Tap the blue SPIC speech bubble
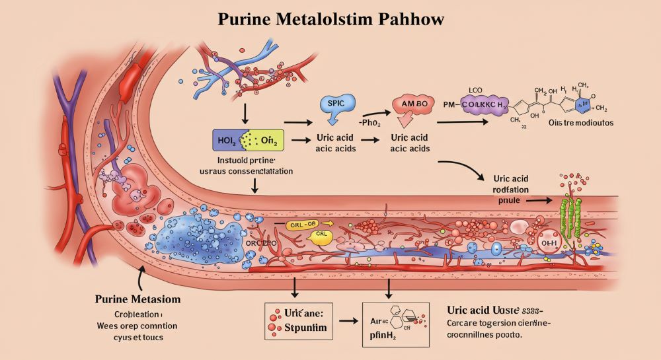click(336, 106)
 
